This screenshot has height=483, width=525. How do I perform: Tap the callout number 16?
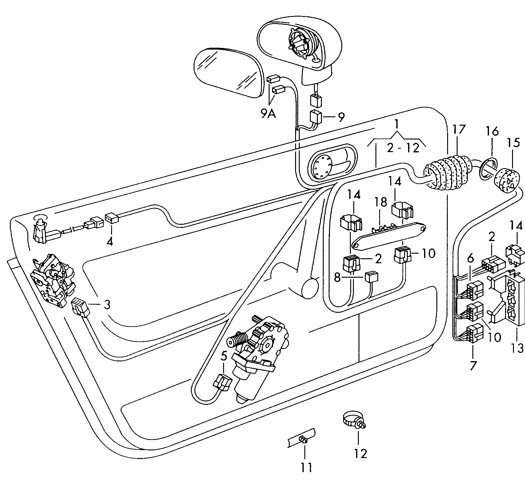tap(492, 132)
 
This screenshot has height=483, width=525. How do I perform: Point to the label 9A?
tap(268, 114)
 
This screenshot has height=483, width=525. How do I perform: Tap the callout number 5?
tap(224, 356)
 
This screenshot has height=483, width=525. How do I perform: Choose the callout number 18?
tap(380, 202)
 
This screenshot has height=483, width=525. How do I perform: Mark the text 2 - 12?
tap(403, 148)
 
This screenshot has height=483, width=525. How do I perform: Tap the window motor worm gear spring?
tap(239, 339)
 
